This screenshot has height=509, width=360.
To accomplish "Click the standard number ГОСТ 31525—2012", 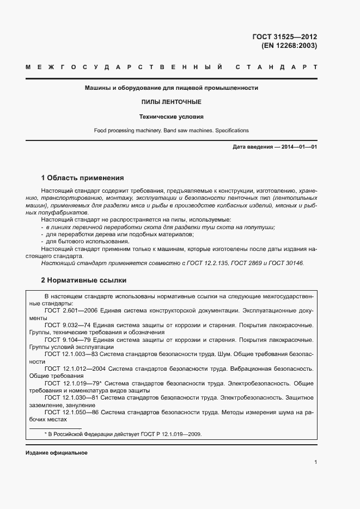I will tap(284, 37).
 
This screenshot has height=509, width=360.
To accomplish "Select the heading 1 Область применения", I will tap(83, 177).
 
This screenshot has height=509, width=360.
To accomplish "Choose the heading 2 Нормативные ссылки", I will tap(84, 280).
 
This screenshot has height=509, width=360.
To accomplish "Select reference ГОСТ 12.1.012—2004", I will tap(75, 369).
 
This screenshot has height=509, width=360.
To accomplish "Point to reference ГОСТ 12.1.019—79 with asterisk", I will tap(72, 383).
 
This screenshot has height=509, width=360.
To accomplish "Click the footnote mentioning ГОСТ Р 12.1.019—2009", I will tap(123, 434).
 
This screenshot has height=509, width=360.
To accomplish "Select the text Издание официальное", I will tap(56, 453).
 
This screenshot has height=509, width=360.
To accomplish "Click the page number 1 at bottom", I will tap(315, 462).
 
